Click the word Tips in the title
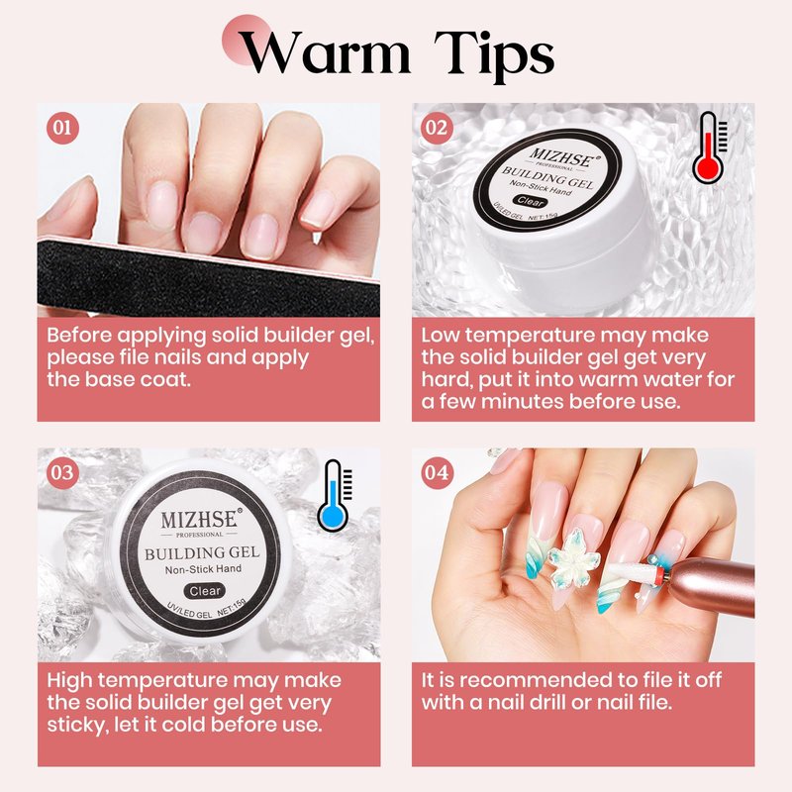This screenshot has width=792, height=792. (x=494, y=55)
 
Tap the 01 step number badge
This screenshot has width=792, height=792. (x=62, y=128)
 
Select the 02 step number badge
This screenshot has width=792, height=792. (x=437, y=128)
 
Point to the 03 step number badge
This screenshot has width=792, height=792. (x=62, y=473)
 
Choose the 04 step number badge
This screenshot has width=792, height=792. (x=437, y=473)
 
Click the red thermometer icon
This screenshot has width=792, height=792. (x=709, y=148)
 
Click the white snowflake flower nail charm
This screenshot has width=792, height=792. (x=574, y=558)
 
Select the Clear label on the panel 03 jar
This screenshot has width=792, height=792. (x=205, y=591)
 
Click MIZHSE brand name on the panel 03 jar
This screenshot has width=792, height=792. (x=199, y=520)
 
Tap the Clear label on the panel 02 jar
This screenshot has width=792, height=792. (x=531, y=201)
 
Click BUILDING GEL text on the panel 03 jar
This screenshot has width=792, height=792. (x=202, y=553)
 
